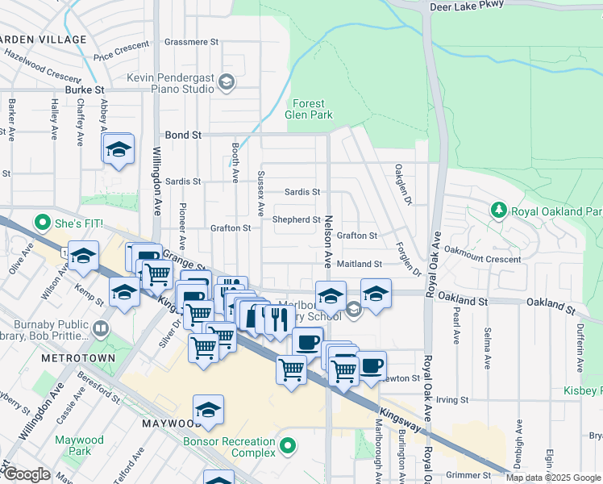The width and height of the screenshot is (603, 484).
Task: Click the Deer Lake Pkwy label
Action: [x=467, y=4]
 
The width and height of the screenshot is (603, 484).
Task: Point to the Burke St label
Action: [x=86, y=90]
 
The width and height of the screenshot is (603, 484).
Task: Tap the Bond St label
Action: [x=182, y=136]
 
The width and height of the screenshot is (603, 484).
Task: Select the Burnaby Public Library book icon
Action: [x=101, y=329]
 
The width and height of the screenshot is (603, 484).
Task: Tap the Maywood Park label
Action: [x=79, y=446]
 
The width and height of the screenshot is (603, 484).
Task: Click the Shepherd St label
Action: [x=297, y=219]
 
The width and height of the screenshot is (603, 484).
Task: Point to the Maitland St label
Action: [x=360, y=264]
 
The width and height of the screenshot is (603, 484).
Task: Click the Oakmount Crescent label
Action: [x=483, y=260]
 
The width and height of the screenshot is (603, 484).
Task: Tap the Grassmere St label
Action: [x=191, y=41]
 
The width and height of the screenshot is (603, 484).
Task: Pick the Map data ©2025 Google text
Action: [x=553, y=478]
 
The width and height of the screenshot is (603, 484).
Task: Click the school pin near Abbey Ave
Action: [x=118, y=149]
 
